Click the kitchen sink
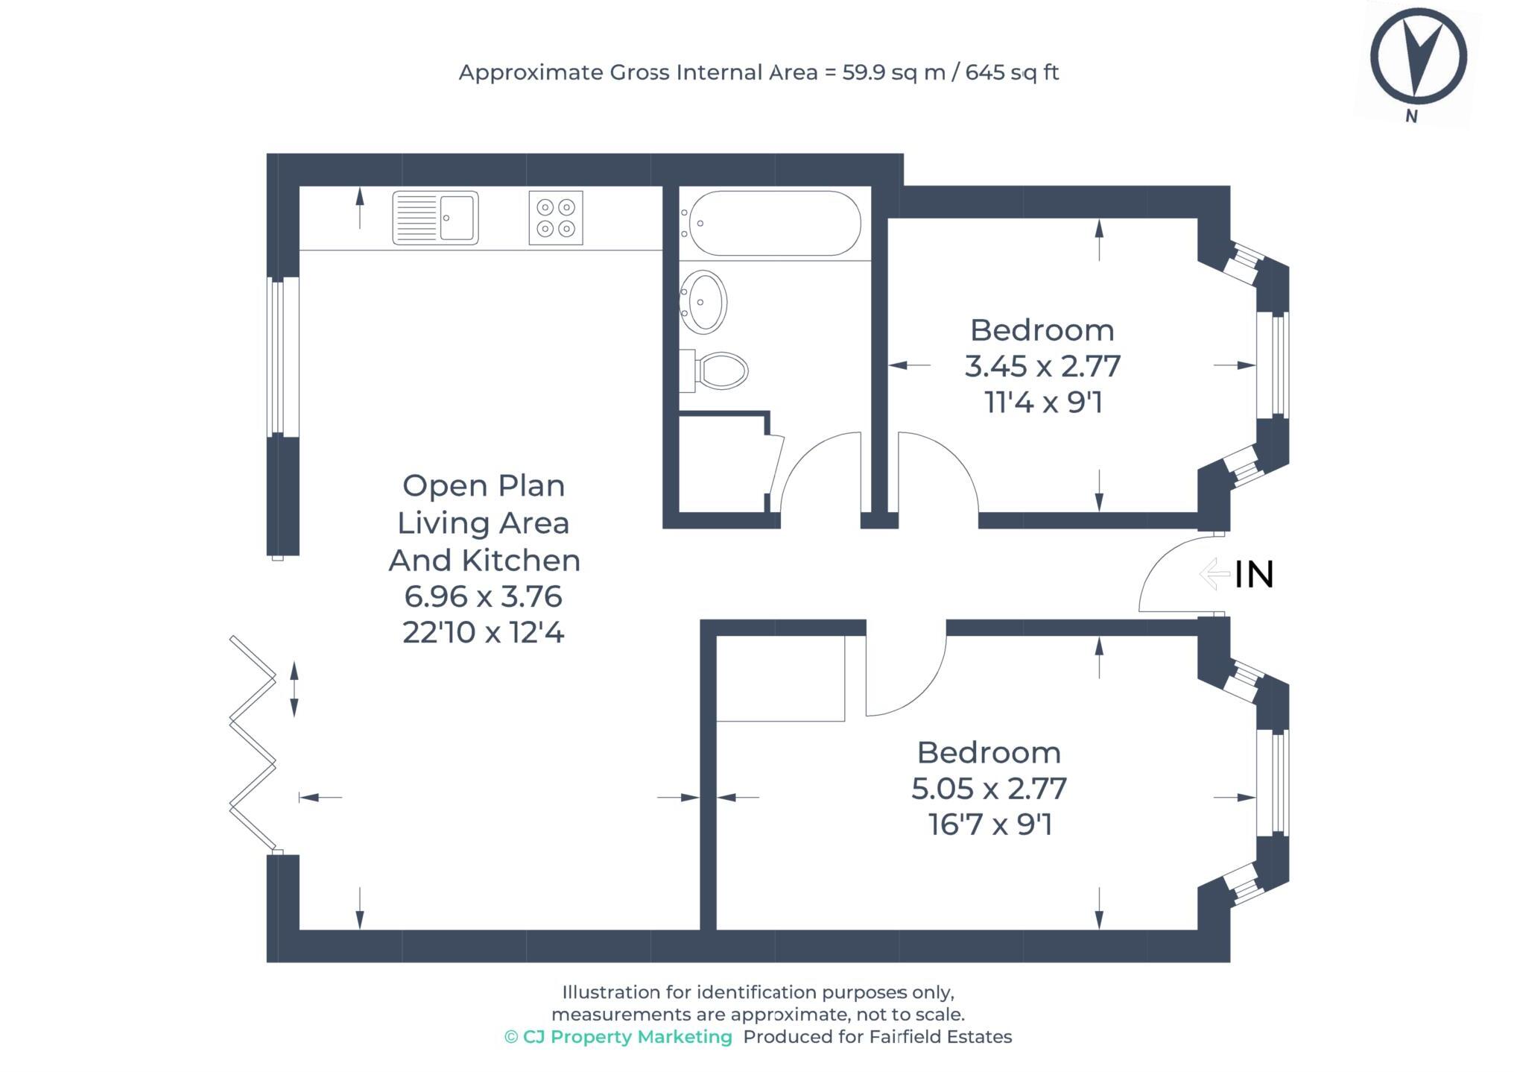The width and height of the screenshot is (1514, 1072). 435,218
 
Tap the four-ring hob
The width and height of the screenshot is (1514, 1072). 555,218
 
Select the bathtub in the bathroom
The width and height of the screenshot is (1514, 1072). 774,224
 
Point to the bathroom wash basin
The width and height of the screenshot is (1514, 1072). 703,302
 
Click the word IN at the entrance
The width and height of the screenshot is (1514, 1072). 1254,575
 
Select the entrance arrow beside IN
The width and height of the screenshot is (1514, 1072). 1214,574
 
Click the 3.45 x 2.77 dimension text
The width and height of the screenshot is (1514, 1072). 1042,367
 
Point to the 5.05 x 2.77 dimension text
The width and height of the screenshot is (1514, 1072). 989,789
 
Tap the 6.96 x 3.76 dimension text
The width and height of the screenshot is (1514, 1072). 483,596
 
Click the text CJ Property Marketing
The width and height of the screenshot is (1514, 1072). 627,1037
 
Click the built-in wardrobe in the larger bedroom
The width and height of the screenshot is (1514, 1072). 780,678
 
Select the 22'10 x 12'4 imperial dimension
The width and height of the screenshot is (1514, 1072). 483,633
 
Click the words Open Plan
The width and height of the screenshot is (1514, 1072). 483,486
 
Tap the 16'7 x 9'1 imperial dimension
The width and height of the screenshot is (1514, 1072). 989,825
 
